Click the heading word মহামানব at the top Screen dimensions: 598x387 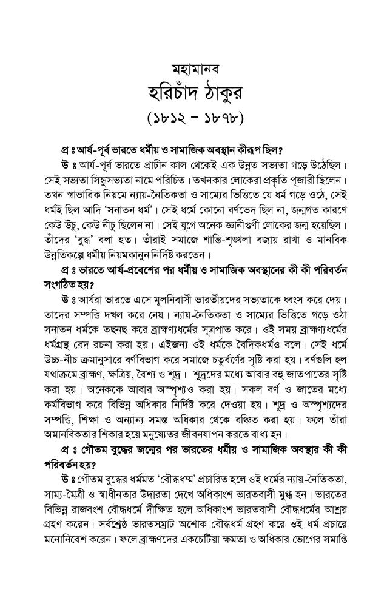193,66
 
